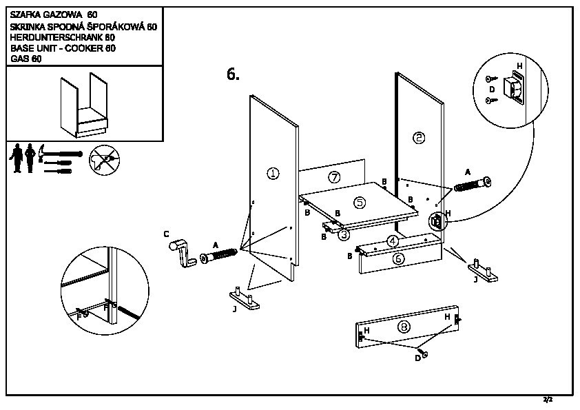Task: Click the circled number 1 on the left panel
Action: click(x=273, y=174)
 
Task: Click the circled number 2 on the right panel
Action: click(x=419, y=138)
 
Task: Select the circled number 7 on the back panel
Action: click(x=334, y=177)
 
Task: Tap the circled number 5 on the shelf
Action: click(x=359, y=202)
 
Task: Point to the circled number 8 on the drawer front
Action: click(x=404, y=328)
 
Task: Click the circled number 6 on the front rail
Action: click(x=398, y=259)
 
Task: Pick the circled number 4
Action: click(x=392, y=241)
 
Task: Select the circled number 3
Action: click(x=343, y=234)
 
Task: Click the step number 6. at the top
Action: click(x=233, y=74)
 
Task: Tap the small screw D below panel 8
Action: click(x=425, y=353)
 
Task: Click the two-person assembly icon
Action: click(x=22, y=159)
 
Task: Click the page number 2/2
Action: click(x=548, y=400)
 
